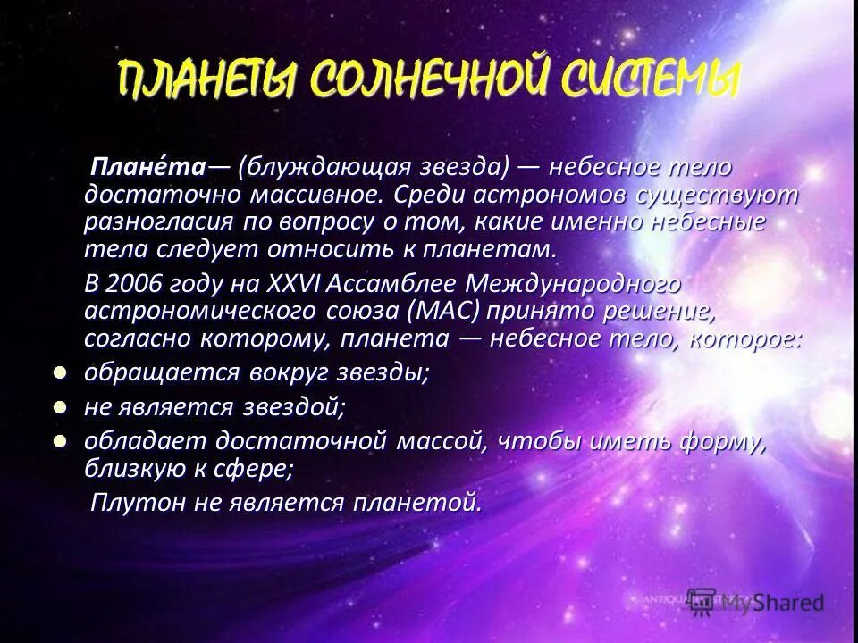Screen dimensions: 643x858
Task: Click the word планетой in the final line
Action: (x=419, y=502)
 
